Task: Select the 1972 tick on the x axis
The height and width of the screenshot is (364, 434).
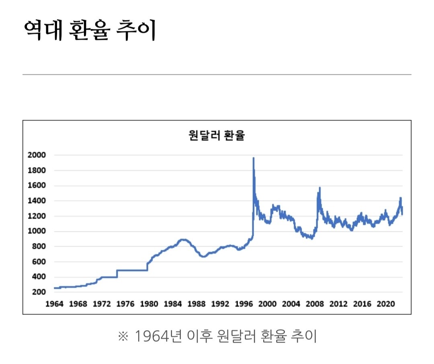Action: [101, 304]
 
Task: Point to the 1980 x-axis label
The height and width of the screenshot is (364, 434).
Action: [149, 304]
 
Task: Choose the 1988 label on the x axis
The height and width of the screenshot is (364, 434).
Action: [196, 304]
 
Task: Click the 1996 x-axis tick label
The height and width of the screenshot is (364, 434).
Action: [244, 304]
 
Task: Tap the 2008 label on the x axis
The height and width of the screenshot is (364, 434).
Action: [315, 304]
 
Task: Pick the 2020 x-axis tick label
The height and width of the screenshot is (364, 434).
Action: [386, 304]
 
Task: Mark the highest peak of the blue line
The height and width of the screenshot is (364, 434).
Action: [254, 158]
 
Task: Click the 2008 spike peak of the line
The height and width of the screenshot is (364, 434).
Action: [319, 188]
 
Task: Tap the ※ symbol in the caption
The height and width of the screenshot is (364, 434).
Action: [122, 336]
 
